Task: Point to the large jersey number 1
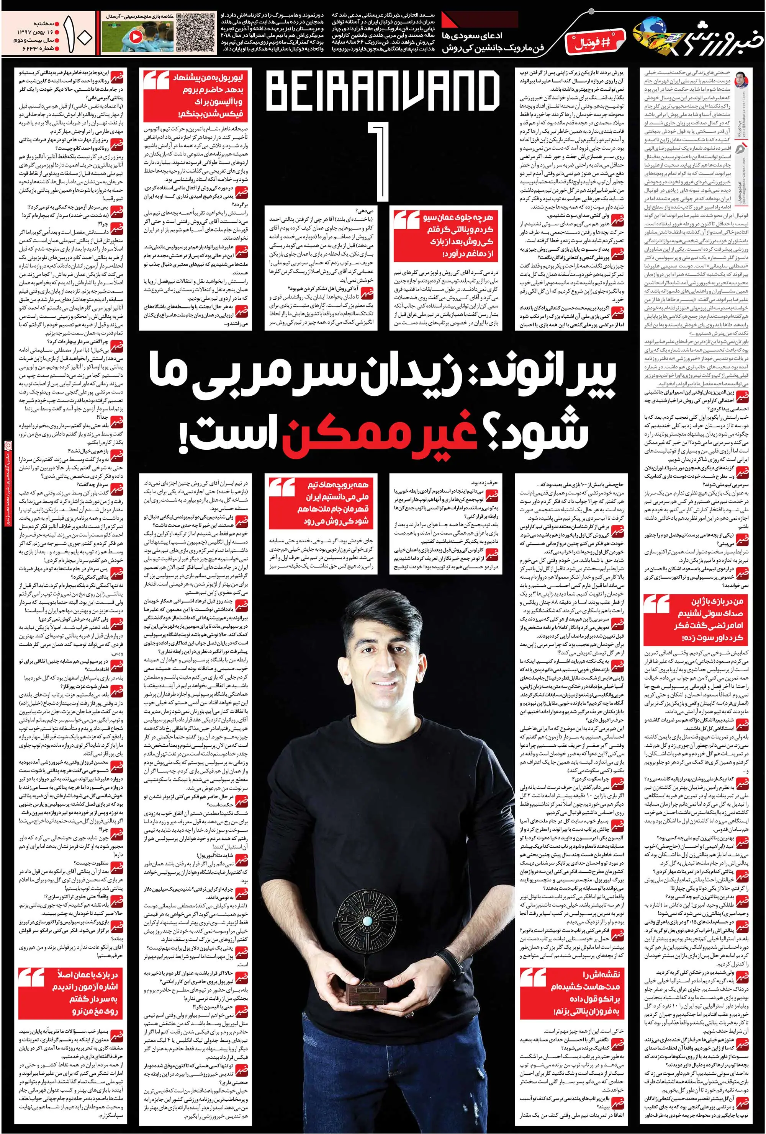pos(384,165)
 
